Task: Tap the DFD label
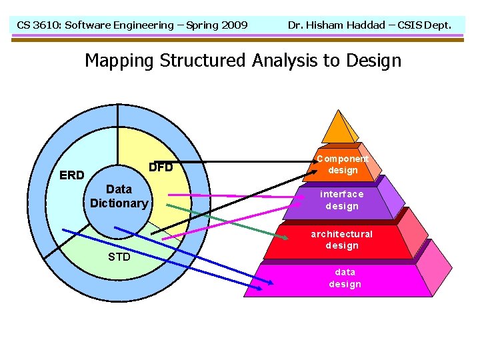(161, 167)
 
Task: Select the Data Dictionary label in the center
(119, 197)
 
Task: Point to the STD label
(119, 257)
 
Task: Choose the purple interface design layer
(341, 200)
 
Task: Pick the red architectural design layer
(341, 240)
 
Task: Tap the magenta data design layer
(345, 278)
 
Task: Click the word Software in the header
(94, 25)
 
